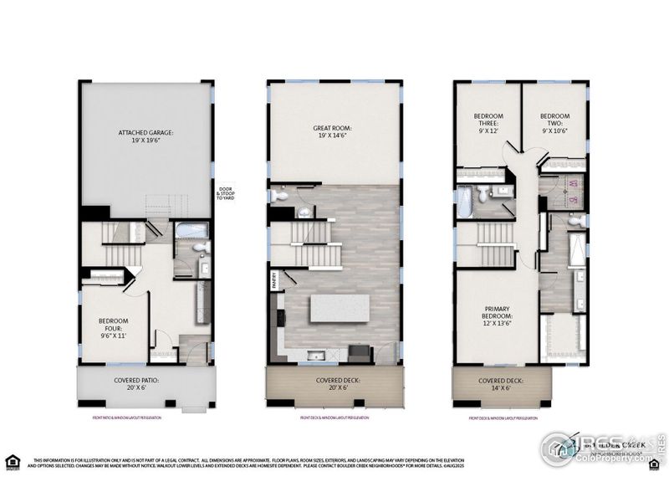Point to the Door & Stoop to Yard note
coord(226,192)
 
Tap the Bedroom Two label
coord(554,122)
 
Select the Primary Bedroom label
coord(497,315)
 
